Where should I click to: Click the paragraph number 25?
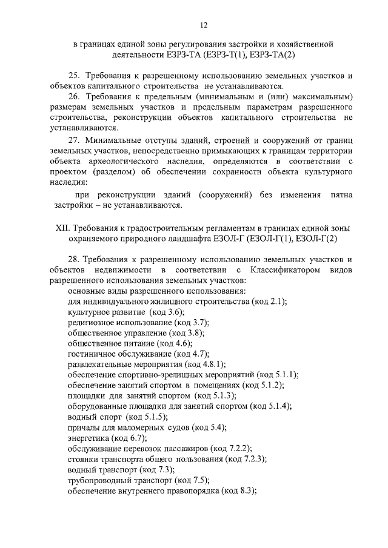74,76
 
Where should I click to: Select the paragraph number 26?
74,97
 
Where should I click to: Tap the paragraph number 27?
74,140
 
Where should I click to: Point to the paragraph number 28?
74,259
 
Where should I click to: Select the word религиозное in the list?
91,322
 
